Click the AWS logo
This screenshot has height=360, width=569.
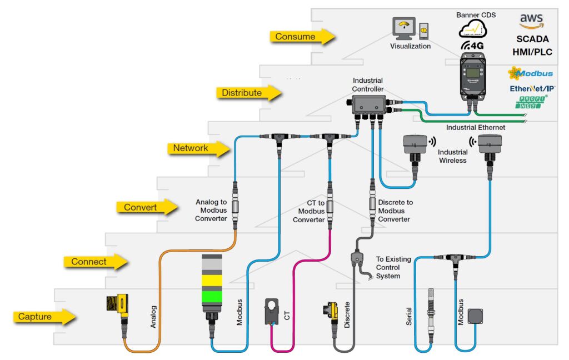click(x=531, y=23)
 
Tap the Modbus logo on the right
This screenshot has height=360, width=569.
click(x=530, y=73)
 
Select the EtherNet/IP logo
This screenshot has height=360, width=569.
click(x=532, y=88)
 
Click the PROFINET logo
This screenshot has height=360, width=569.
click(x=530, y=102)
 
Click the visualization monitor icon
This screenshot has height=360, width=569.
click(x=403, y=28)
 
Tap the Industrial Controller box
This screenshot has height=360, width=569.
click(x=369, y=104)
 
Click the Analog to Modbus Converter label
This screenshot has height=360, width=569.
click(x=211, y=210)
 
